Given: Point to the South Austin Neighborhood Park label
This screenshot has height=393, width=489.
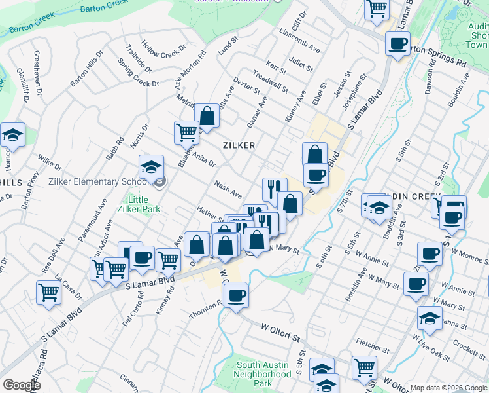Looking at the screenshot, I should (x=263, y=374).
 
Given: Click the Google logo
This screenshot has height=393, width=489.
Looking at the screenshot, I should (x=22, y=385).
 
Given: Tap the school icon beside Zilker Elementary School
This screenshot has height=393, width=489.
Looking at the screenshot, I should (x=152, y=168).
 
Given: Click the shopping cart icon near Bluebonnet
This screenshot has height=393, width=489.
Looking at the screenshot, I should (x=186, y=133).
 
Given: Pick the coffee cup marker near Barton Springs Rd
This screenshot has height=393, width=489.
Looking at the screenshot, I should (x=397, y=45).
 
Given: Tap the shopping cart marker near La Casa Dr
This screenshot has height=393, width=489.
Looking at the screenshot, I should (x=49, y=293).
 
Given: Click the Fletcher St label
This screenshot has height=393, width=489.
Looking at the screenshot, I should (x=373, y=343).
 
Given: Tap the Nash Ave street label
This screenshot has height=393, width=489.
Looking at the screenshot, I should (x=228, y=191).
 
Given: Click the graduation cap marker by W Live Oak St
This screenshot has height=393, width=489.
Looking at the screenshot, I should (x=430, y=318).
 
